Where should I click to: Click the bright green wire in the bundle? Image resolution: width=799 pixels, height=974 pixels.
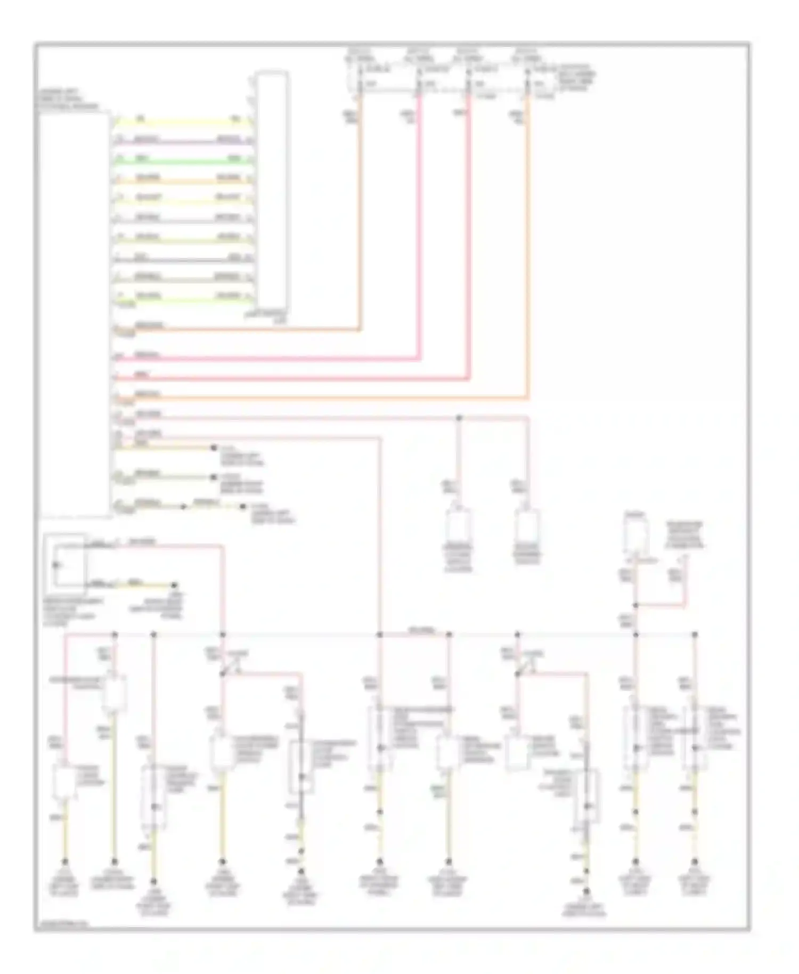coord(181,159)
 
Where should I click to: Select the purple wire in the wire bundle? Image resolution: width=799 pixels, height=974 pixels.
coord(181,141)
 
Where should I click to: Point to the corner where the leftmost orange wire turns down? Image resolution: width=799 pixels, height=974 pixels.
coord(360,330)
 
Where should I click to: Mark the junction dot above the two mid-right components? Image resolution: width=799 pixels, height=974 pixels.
coord(459,418)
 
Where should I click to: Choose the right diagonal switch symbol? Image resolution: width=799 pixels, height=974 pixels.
coord(524,666)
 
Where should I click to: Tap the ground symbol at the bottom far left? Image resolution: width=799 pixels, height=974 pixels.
coord(64,862)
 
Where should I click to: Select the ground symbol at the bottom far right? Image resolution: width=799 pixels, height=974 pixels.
coord(694,862)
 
